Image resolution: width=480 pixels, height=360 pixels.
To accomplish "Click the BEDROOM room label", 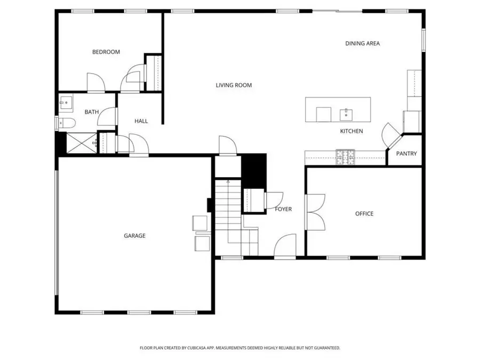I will click(106, 52).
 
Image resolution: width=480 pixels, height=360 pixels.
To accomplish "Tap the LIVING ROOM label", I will click(234, 85).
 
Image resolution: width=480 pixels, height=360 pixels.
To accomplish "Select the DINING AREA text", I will click(362, 44).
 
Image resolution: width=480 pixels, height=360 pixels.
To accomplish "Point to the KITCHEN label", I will click(351, 131).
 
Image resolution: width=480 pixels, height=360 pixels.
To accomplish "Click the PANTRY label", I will click(406, 154).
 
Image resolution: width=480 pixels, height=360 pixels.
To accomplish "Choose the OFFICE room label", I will click(364, 214).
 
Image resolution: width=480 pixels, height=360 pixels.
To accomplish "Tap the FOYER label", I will click(283, 209).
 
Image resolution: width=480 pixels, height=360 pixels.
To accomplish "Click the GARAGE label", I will click(134, 236).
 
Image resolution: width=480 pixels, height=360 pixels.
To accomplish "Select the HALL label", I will click(141, 121).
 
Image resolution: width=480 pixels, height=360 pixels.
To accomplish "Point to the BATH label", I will click(92, 112).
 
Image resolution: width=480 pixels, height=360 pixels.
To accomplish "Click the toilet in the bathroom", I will click(67, 124).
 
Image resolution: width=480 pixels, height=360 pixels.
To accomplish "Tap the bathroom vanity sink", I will click(66, 102).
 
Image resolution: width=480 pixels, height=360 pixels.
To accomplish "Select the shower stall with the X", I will click(81, 142).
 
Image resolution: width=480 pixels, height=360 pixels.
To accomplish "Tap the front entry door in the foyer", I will click(285, 246).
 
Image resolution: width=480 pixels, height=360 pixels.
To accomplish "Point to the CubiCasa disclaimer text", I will click(240, 348).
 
